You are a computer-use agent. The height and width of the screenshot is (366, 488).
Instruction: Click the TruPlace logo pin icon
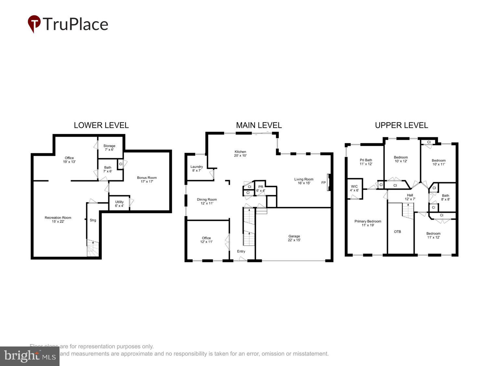pos(34,23)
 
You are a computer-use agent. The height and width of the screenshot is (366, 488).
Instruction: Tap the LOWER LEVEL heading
pos(101,125)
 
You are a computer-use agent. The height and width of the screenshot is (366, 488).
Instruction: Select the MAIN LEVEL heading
pos(259,125)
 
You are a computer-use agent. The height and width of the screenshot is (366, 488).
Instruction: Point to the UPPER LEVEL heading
pos(401,125)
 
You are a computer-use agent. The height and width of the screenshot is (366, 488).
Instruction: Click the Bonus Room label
pos(147,180)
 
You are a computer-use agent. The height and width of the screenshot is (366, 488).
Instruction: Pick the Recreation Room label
pos(58,220)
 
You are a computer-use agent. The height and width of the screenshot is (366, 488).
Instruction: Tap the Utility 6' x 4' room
pos(119,204)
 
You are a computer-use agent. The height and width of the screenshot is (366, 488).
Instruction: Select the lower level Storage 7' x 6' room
pos(109,148)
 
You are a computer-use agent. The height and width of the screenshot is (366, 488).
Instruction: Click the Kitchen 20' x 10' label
pos(240,154)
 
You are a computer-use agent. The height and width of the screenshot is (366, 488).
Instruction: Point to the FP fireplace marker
pos(323,183)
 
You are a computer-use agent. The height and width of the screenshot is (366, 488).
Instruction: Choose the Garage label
pos(294,238)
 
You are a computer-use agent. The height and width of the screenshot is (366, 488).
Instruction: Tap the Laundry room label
pos(197,169)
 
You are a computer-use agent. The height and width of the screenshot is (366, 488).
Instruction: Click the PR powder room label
pos(261,189)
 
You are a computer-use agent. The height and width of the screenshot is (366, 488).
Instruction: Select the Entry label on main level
pos(241,251)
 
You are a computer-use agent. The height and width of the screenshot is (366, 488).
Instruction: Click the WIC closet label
pos(354,188)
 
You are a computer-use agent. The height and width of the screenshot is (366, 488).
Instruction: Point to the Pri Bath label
pos(366,162)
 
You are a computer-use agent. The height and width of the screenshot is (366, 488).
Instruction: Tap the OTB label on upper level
pos(398,232)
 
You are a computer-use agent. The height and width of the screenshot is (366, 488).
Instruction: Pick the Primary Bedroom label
pos(368,223)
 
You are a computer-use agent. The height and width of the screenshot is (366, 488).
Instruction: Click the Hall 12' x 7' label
pos(410,197)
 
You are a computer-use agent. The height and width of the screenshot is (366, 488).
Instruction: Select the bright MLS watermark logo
pos(30,356)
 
